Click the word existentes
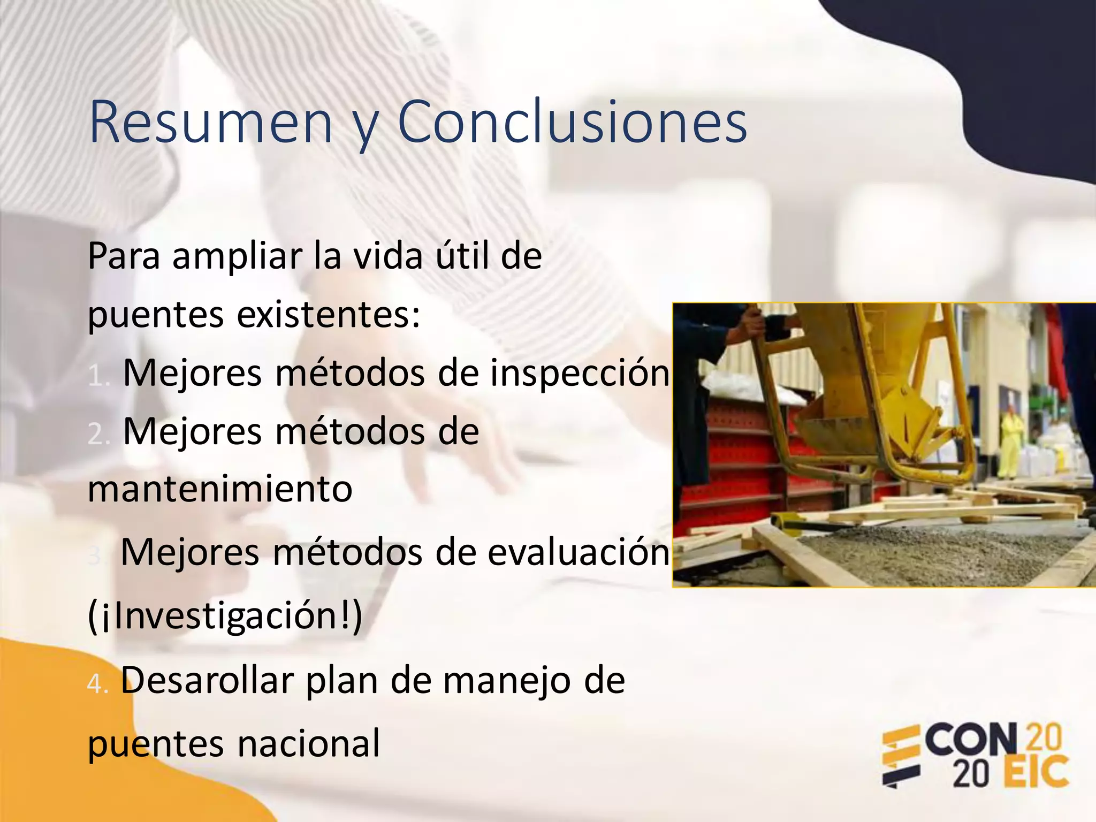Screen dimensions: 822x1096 tap(329, 315)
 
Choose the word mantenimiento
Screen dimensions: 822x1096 tap(220, 489)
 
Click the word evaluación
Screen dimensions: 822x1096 tap(579, 552)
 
